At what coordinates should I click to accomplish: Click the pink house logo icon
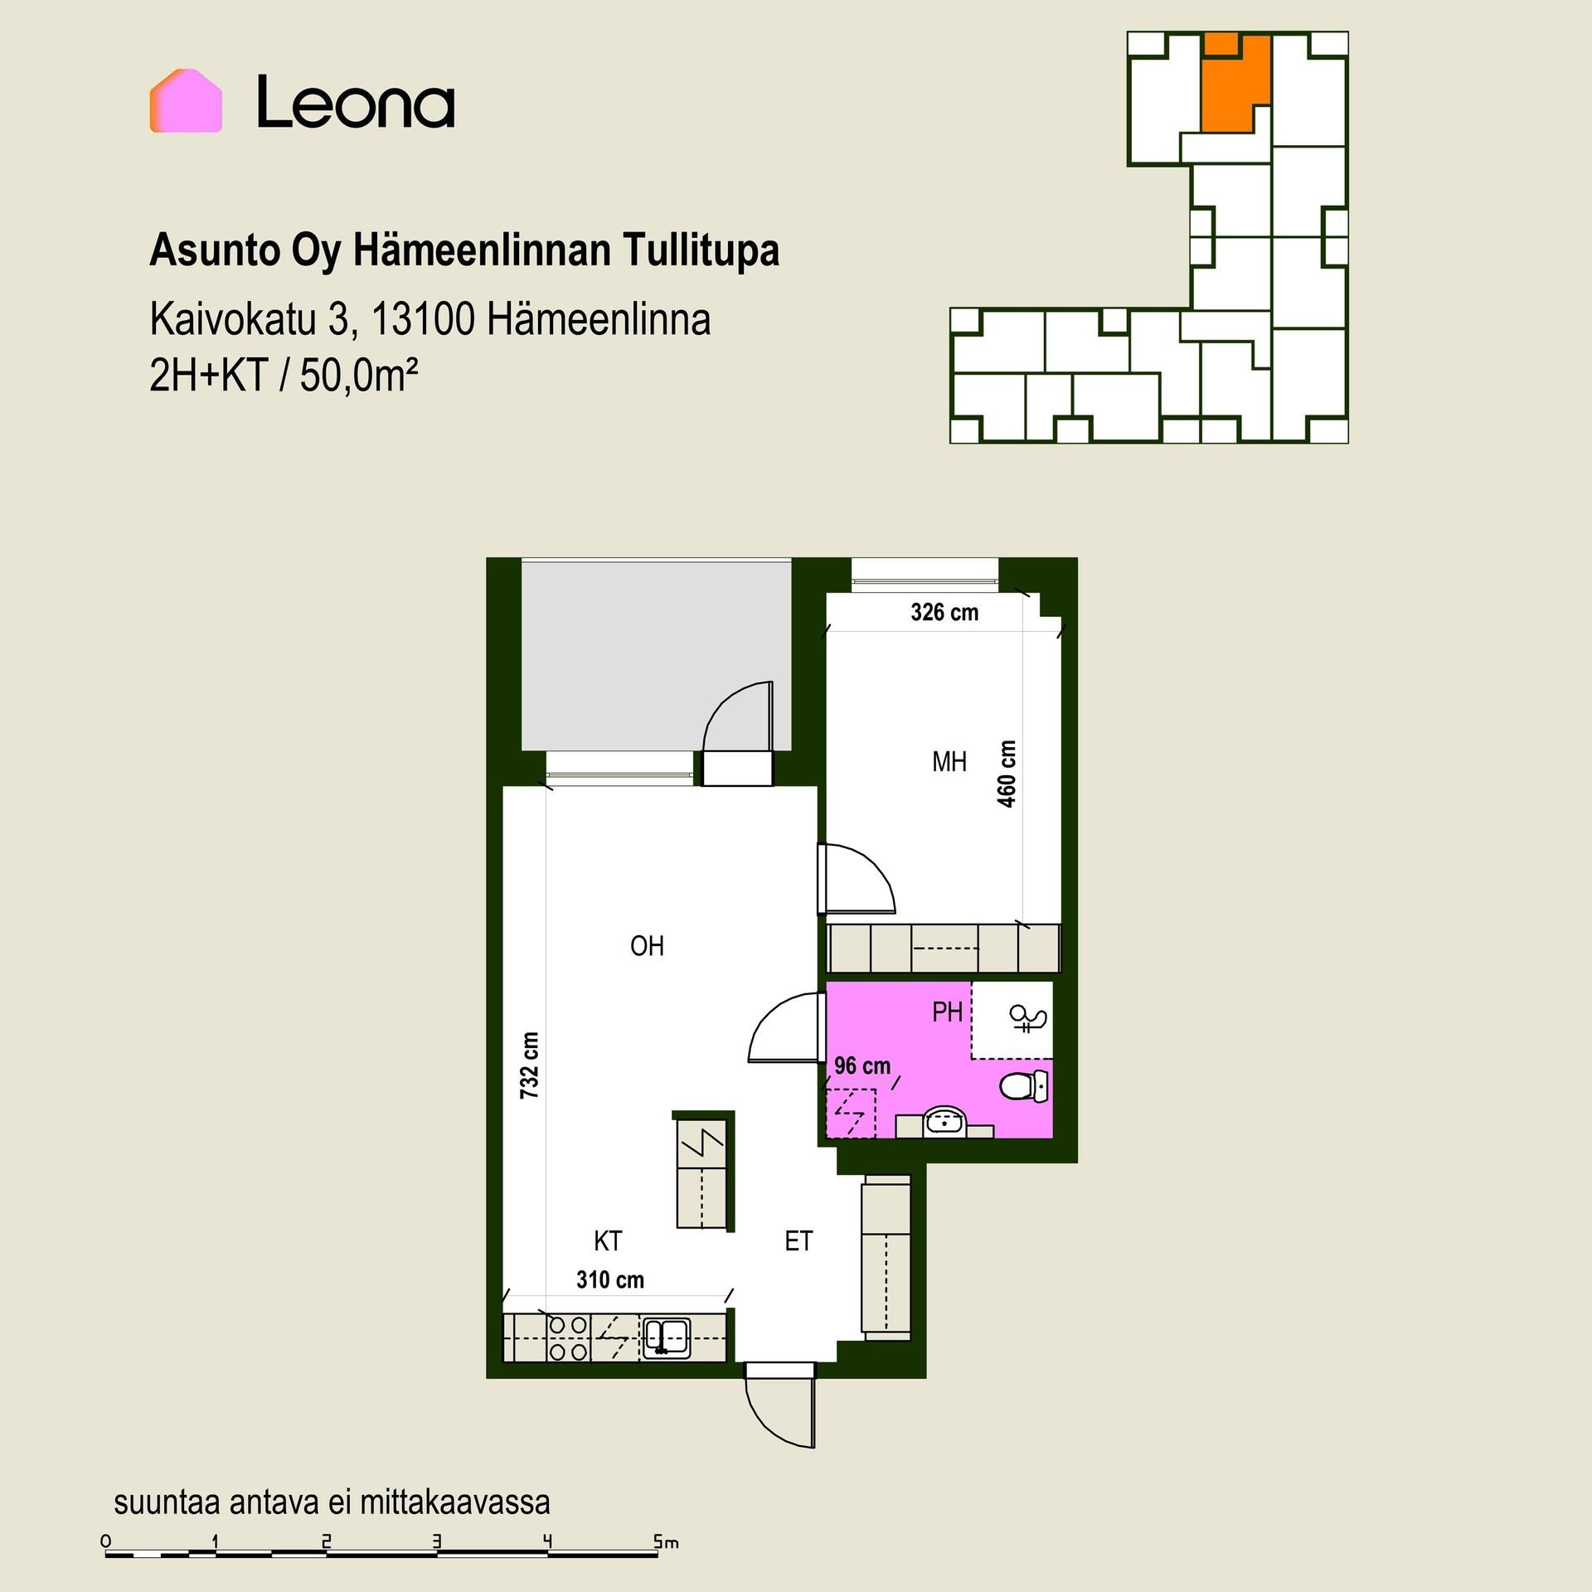pyautogui.click(x=186, y=100)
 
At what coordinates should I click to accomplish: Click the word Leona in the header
pyautogui.click(x=356, y=102)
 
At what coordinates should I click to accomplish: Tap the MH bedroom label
pyautogui.click(x=949, y=761)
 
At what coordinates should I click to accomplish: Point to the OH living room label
pyautogui.click(x=647, y=946)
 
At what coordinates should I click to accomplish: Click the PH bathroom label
pyautogui.click(x=948, y=1012)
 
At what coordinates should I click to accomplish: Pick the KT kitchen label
pyautogui.click(x=608, y=1241)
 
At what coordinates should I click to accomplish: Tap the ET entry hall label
pyautogui.click(x=798, y=1241)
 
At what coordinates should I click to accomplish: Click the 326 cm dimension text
pyautogui.click(x=944, y=613)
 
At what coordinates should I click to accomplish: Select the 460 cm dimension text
pyautogui.click(x=1007, y=774)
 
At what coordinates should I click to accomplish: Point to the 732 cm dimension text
pyautogui.click(x=529, y=1065)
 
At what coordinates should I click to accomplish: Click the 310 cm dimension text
pyautogui.click(x=610, y=1280)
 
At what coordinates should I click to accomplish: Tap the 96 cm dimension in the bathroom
pyautogui.click(x=862, y=1065)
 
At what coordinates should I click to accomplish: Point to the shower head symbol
pyautogui.click(x=1027, y=1019)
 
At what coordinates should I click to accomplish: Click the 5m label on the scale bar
pyautogui.click(x=666, y=1542)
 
